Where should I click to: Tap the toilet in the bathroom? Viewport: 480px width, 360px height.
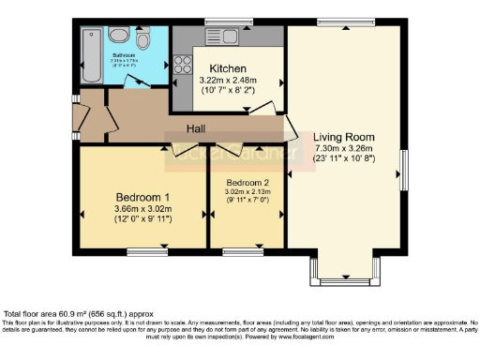click(142, 40)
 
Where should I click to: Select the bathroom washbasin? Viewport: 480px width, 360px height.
click(119, 35)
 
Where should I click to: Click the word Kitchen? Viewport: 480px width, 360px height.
click(228, 68)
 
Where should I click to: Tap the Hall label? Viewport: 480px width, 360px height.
click(196, 127)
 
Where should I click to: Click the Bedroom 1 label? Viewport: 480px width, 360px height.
click(140, 195)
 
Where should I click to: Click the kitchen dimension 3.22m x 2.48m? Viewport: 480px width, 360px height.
click(228, 82)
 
